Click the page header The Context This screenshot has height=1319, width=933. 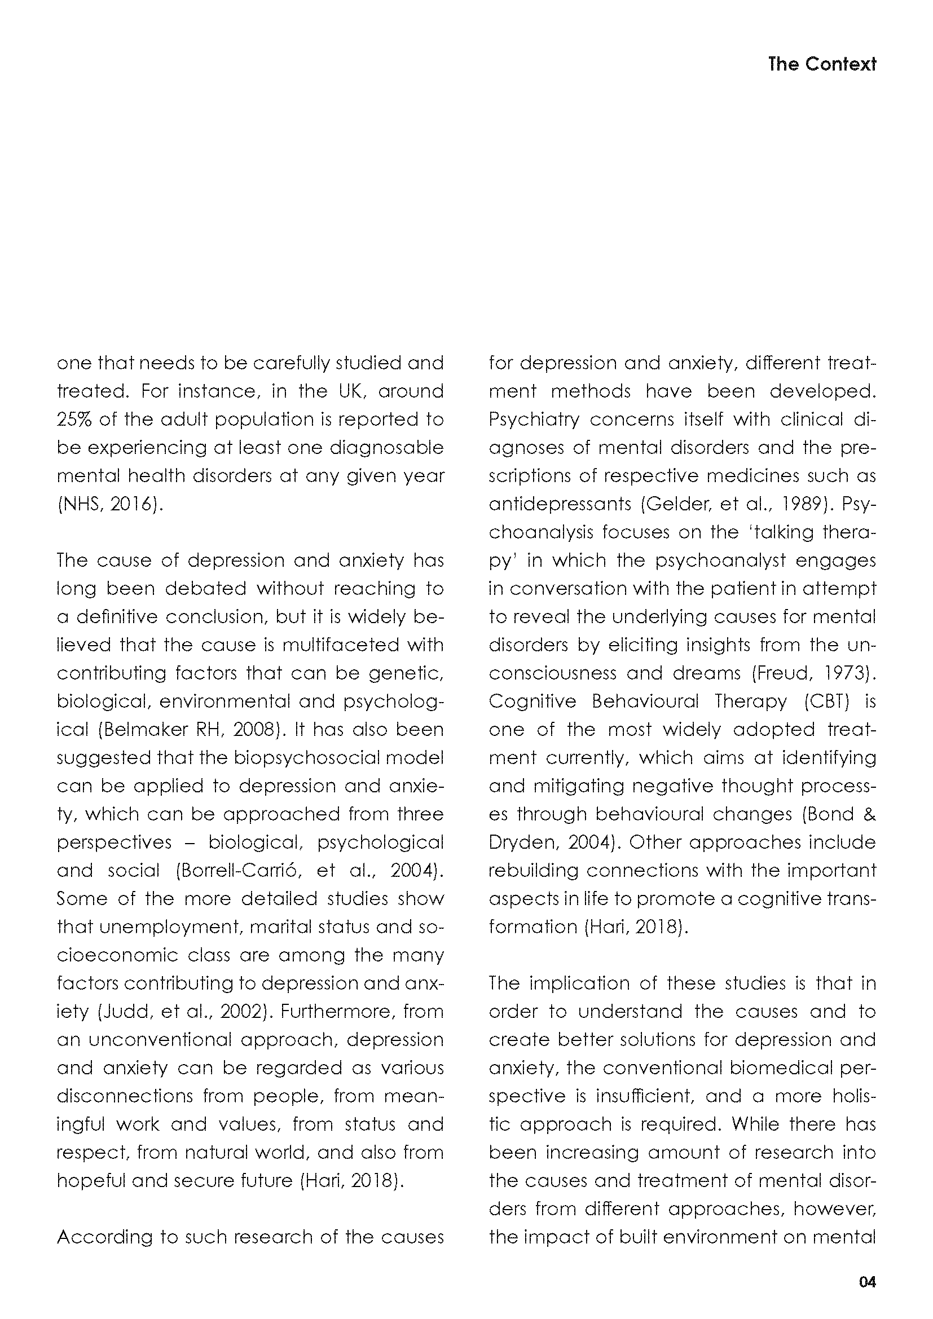(x=821, y=64)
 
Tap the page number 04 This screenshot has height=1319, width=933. (x=867, y=1282)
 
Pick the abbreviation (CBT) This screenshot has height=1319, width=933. (x=825, y=702)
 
